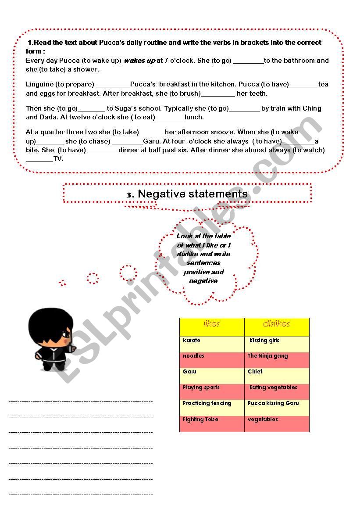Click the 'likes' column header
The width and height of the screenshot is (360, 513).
click(x=212, y=324)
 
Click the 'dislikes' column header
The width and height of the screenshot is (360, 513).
click(x=276, y=324)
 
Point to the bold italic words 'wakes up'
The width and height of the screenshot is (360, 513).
click(x=139, y=61)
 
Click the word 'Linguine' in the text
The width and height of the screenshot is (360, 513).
click(x=39, y=84)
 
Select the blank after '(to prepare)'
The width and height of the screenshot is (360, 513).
click(x=113, y=85)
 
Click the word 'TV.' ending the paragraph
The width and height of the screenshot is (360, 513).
click(x=58, y=159)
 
